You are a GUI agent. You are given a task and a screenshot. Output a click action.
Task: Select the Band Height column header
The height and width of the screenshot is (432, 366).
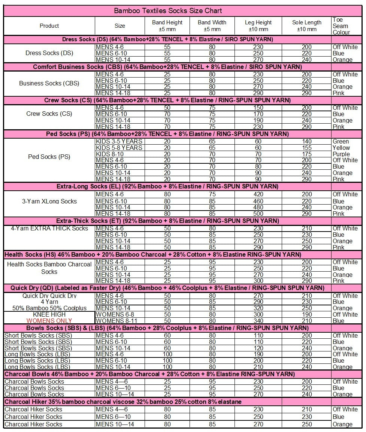click(167, 26)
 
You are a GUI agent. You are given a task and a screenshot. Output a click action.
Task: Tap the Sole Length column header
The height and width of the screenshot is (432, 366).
click(306, 26)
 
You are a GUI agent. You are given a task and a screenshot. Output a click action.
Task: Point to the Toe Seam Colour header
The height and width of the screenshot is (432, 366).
click(341, 26)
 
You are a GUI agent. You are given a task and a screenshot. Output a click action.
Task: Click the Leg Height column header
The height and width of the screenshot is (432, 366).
click(258, 26)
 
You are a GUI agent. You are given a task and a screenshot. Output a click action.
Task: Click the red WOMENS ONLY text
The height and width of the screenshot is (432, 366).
click(49, 321)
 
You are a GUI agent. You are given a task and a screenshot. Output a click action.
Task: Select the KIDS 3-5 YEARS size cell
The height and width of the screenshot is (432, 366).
click(119, 142)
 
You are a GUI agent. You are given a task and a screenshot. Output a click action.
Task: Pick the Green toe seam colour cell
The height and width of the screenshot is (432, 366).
click(341, 142)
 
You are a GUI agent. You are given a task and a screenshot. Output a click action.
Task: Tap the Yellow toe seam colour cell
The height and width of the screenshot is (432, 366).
click(341, 148)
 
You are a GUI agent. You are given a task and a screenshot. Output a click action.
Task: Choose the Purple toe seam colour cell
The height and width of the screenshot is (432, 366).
click(341, 154)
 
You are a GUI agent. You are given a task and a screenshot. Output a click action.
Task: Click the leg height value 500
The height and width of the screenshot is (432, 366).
click(258, 214)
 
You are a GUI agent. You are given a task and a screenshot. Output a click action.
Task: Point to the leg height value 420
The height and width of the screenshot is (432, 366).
click(258, 194)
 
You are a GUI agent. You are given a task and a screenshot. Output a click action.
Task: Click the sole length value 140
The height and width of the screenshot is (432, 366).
click(306, 142)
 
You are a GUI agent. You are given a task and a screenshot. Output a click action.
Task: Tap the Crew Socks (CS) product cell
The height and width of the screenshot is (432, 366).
click(49, 114)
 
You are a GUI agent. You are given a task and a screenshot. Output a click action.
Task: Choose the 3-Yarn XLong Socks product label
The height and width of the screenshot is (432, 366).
click(49, 201)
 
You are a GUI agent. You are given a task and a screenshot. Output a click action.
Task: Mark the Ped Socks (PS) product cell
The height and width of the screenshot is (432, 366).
click(49, 157)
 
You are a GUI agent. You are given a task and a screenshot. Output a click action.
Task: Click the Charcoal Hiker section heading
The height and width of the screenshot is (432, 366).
click(123, 402)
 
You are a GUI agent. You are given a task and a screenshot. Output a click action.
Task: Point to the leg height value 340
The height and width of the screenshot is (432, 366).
click(258, 321)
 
